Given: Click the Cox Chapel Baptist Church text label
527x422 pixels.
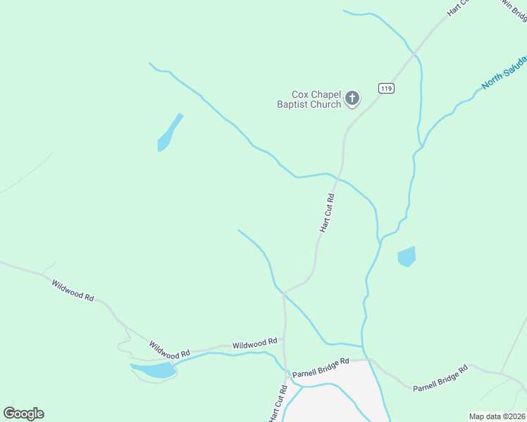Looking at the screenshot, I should (316, 99).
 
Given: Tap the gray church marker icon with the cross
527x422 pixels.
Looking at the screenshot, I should (352, 98).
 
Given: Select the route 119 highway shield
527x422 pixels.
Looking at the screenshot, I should (385, 88).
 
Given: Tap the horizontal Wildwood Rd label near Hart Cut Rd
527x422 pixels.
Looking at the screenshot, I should (254, 344).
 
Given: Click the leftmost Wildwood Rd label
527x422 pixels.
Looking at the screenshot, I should (73, 290).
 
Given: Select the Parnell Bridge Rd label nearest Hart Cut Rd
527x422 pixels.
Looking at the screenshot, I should (321, 367).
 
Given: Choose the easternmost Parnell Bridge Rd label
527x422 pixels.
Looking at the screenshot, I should (440, 378).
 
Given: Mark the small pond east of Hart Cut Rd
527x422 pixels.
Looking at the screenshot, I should (407, 256).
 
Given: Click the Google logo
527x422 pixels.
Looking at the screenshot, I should (23, 414).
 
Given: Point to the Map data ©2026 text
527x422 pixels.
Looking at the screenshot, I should (497, 416).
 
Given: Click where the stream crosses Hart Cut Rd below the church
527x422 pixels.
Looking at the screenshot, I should (337, 176).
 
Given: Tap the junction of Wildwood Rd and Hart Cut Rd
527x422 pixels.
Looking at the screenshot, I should (285, 348).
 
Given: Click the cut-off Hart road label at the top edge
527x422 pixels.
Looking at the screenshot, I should (458, 8).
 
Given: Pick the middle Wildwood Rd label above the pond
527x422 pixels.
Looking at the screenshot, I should (169, 349).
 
